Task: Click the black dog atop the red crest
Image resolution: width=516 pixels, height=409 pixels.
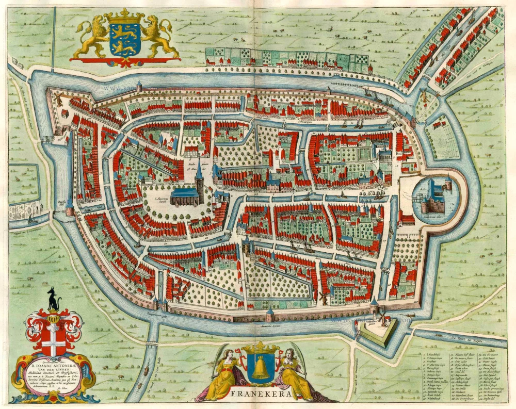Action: pyautogui.click(x=53, y=300)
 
